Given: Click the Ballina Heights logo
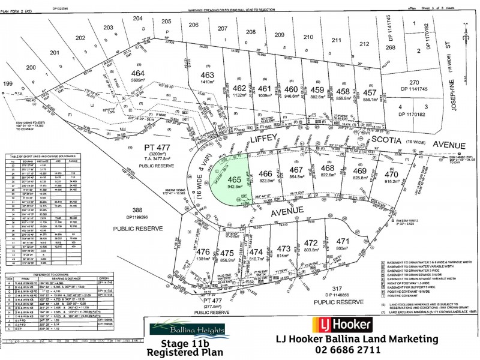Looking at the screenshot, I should [x=188, y=329].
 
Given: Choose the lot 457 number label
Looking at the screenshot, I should [x=370, y=93].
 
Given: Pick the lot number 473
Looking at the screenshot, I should [x=284, y=248].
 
